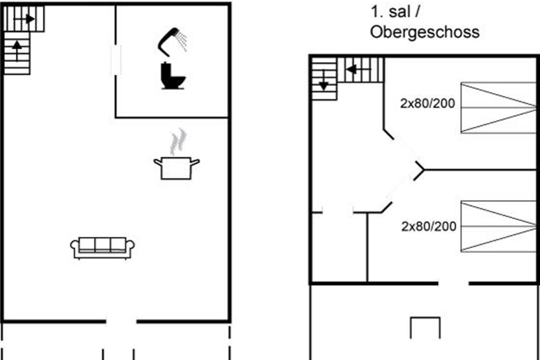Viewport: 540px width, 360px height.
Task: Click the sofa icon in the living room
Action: coord(103,247)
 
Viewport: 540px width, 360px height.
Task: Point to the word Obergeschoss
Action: coord(424,32)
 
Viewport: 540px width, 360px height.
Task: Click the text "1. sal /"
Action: coord(395,12)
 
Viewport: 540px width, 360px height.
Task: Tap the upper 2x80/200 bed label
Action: coord(427,104)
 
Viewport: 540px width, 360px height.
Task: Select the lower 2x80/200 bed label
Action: coord(429,226)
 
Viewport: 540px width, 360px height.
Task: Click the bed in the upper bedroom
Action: coord(499,108)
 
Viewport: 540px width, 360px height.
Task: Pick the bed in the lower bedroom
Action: coord(499,226)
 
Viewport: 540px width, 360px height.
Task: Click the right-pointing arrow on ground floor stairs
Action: coord(29,19)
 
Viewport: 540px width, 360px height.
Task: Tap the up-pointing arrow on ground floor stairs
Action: coord(17,48)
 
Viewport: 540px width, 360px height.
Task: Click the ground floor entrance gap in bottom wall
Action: coord(121,321)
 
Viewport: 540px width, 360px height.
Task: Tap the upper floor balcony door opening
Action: coord(453,283)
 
